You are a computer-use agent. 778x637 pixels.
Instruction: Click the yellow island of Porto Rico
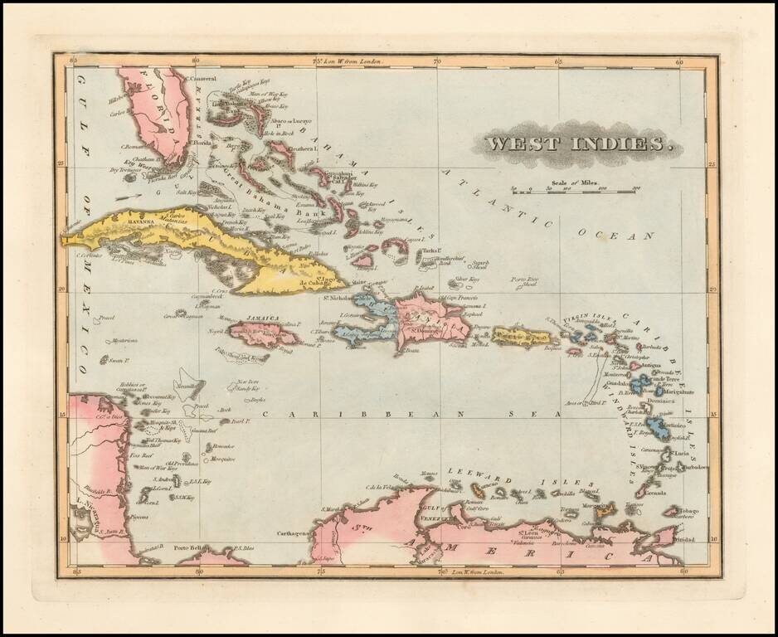coord(520,337)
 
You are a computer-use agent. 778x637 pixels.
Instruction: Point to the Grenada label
coord(655,493)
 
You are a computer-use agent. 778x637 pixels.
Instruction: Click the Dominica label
coord(661,401)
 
